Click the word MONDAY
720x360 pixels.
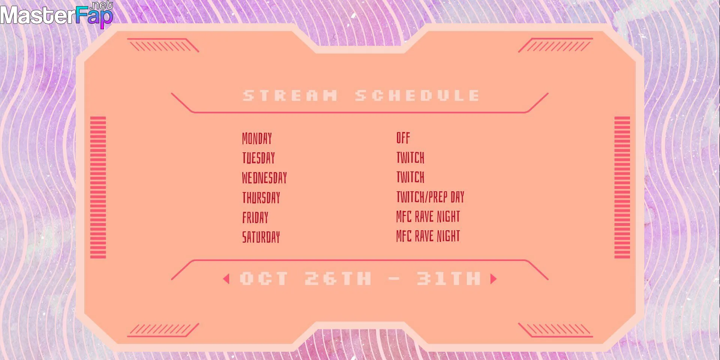tap(257, 138)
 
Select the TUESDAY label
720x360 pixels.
tap(258, 158)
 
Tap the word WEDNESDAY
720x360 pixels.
tap(264, 178)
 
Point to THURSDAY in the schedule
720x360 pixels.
tap(261, 198)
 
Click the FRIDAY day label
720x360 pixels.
tap(255, 217)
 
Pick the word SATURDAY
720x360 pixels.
tap(261, 237)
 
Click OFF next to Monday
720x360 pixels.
tap(403, 138)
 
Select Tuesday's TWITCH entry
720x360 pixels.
tap(410, 157)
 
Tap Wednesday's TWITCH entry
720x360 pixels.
tap(410, 177)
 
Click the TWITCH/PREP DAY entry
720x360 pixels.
tap(430, 197)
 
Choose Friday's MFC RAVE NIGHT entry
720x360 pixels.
tap(428, 216)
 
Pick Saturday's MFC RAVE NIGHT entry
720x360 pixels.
tap(428, 236)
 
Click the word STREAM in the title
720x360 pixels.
tap(290, 96)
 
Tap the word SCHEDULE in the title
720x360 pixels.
tap(417, 96)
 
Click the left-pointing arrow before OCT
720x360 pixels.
tap(226, 279)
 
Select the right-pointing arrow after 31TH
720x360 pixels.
tap(493, 279)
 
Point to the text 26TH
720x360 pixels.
tap(338, 279)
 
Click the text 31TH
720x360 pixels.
tap(448, 279)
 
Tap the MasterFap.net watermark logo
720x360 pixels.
tap(57, 14)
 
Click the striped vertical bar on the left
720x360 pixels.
tap(98, 187)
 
